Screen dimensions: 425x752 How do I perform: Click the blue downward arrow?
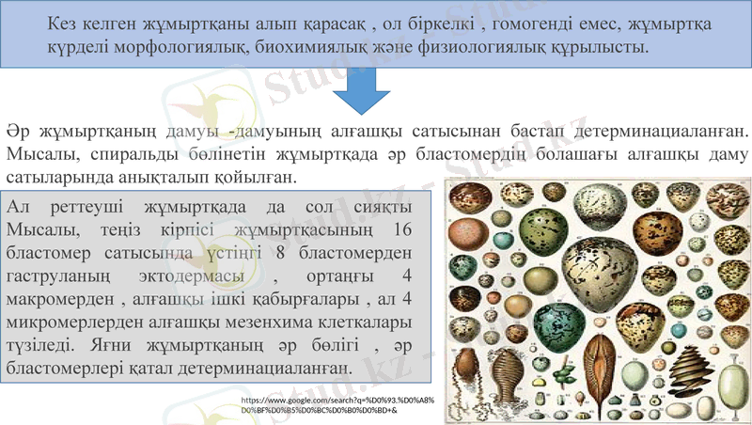pos(362,94)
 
